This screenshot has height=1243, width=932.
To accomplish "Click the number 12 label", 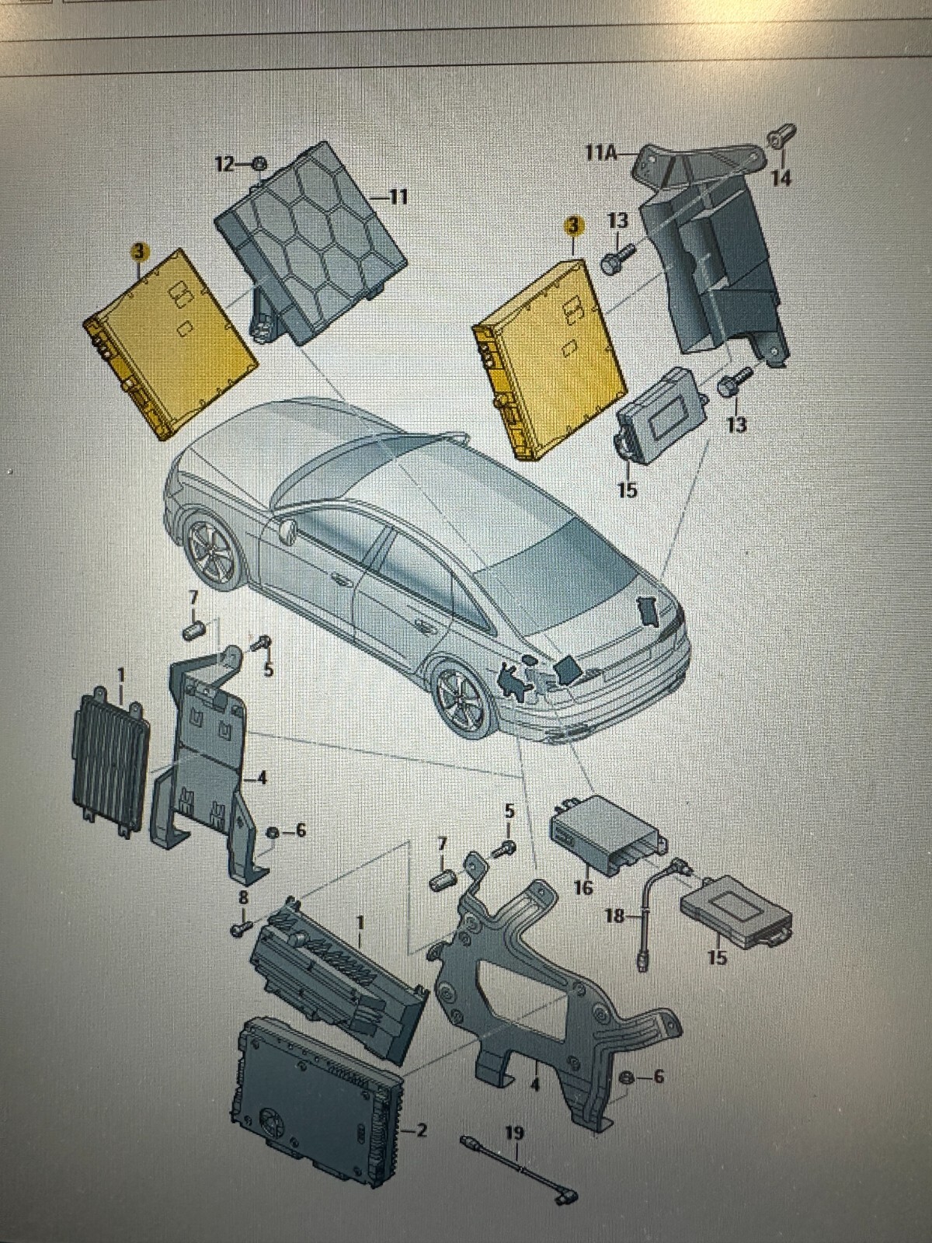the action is (x=224, y=165).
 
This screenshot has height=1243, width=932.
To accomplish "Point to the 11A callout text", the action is (x=601, y=154).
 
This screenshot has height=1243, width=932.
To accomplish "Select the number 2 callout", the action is (x=421, y=1115).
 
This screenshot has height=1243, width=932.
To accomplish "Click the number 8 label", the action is (x=243, y=898).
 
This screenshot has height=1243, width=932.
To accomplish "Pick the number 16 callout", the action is (x=583, y=887).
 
